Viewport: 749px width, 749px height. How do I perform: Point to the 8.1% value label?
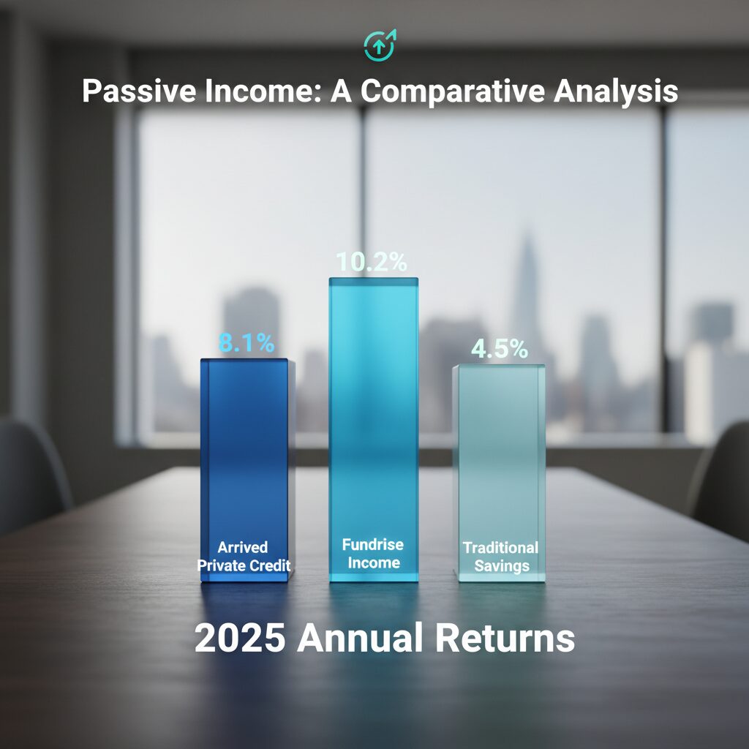click(246, 342)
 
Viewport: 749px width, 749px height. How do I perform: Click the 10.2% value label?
click(371, 263)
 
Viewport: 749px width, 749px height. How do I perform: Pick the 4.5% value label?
click(499, 349)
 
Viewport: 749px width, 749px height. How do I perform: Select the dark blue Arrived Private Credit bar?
click(244, 453)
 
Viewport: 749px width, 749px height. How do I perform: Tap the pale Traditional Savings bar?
click(499, 453)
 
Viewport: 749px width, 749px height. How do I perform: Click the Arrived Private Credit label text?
click(243, 555)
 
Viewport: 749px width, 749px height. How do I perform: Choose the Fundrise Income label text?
click(373, 554)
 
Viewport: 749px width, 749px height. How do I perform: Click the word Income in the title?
click(268, 91)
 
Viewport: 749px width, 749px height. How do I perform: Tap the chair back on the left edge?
click(29, 468)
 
